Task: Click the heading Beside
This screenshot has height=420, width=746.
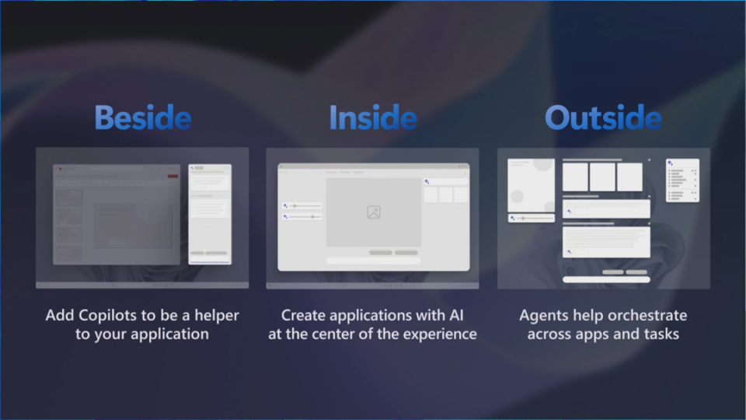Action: [x=143, y=117]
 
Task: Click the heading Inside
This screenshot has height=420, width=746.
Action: [x=373, y=117]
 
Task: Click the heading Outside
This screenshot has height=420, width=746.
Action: [x=603, y=117]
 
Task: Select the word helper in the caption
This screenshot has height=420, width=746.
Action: [x=217, y=315]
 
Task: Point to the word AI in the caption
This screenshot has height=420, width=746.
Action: [x=456, y=315]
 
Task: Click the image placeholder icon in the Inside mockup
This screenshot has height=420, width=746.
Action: [x=374, y=212]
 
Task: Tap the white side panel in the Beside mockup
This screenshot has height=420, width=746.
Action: [x=210, y=214]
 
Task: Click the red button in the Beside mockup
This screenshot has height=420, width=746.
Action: [x=173, y=177]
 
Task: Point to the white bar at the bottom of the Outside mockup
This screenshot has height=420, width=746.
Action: [x=606, y=279]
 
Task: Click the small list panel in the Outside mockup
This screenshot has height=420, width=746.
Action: [x=682, y=180]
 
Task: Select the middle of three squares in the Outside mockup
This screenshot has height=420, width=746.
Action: [x=602, y=177]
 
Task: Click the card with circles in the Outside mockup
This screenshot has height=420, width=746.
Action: [x=531, y=185]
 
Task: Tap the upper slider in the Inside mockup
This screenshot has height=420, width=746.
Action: [x=302, y=205]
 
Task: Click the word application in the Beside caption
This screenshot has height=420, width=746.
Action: [x=169, y=334]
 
